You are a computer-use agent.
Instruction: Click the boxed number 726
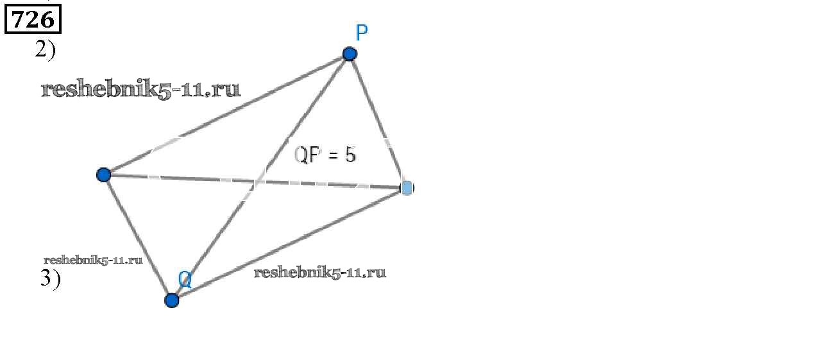(33, 20)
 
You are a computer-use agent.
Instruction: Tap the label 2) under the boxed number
(45, 50)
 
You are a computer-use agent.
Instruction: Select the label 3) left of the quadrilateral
(50, 280)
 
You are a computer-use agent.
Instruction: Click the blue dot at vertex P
(350, 53)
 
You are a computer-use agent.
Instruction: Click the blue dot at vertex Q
(171, 300)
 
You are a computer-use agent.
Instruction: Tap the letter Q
(185, 279)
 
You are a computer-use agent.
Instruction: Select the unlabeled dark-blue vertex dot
(103, 174)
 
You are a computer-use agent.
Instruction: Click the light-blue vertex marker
(407, 187)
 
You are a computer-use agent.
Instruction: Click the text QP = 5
(325, 155)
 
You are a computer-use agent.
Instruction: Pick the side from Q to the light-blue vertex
(289, 244)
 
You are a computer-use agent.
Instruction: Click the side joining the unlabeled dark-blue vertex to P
(224, 114)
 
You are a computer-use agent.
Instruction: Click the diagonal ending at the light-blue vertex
(192, 180)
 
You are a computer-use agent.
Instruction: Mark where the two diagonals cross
(255, 182)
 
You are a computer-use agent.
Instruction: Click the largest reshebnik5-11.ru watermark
(140, 89)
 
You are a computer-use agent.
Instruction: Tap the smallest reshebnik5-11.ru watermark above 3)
(92, 260)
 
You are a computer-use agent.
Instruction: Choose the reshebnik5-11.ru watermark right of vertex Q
(320, 272)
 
